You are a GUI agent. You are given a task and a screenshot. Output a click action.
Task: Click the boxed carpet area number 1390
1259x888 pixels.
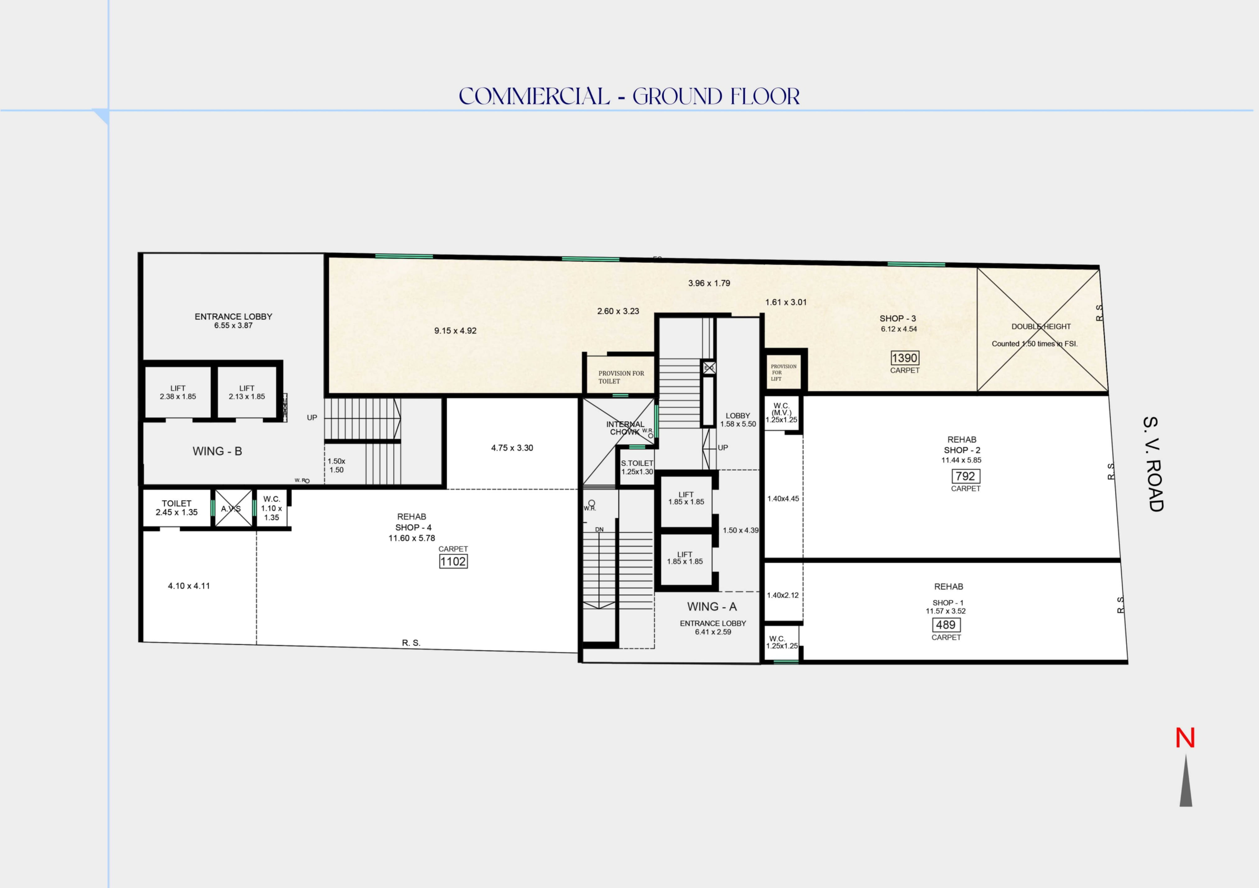pos(904,358)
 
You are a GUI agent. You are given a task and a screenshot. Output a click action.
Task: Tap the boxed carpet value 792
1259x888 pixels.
pos(965,476)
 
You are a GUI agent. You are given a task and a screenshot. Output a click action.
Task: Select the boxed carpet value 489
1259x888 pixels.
pos(945,625)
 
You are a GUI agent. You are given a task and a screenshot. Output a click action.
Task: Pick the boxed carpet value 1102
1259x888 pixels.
pos(453,561)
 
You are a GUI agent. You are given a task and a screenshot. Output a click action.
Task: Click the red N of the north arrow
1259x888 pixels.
pos(1184,738)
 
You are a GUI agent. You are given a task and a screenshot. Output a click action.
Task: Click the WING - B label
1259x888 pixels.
pos(217,451)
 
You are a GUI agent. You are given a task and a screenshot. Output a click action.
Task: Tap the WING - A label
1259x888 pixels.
pos(712,607)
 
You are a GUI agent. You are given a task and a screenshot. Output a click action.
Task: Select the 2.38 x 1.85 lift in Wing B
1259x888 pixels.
pos(178,392)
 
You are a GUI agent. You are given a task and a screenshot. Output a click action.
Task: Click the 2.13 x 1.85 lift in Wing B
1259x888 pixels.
pos(247,392)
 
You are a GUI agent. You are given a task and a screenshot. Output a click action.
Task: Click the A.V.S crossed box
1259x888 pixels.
pos(233,509)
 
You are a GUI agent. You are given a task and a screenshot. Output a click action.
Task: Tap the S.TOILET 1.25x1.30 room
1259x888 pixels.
pos(637,467)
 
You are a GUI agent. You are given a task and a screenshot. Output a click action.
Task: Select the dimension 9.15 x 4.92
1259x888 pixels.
pos(455,331)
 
